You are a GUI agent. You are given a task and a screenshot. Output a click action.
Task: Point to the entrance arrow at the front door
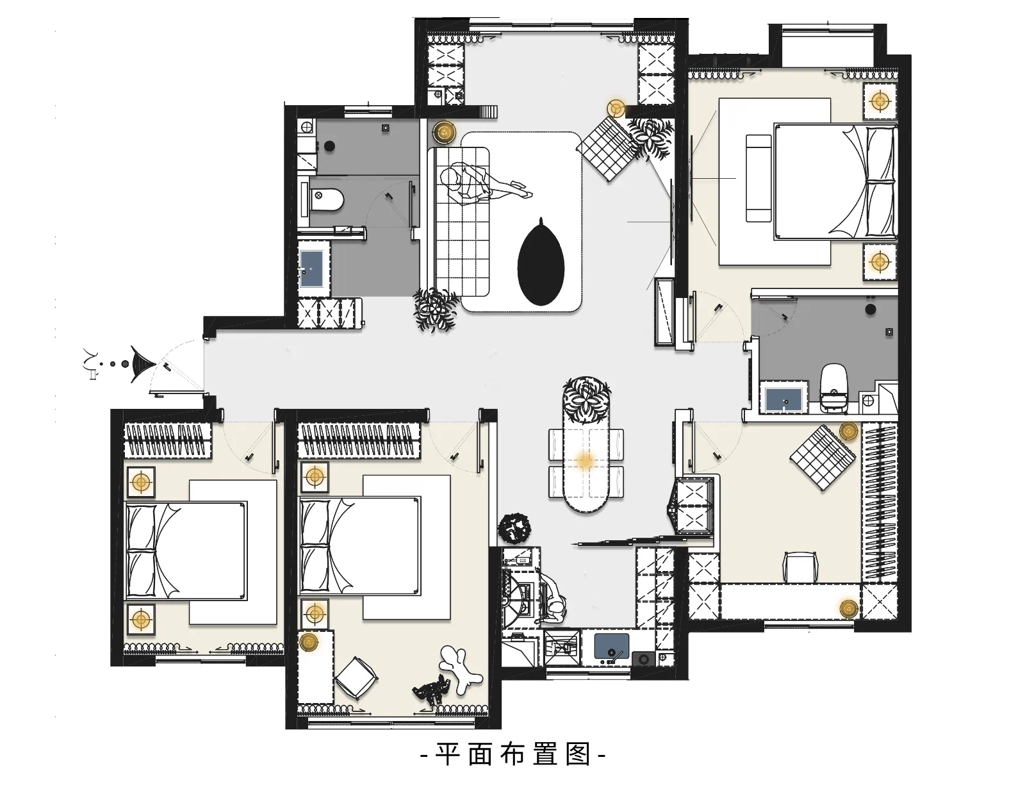coord(143,364)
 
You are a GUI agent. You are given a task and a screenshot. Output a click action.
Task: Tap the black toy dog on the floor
coord(430,690)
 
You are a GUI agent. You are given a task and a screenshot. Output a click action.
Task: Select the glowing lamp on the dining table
coord(586,461)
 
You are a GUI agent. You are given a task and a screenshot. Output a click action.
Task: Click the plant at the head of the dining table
coord(586,400)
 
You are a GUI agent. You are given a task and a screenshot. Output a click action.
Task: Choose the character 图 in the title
coord(578,754)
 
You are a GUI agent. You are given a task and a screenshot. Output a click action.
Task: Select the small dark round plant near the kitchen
coord(514,527)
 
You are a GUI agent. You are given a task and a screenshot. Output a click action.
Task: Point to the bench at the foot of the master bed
coord(758,178)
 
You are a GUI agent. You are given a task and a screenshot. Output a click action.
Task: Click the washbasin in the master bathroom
coord(783,399)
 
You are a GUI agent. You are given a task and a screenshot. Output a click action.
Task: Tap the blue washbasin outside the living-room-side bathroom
coord(312,269)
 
